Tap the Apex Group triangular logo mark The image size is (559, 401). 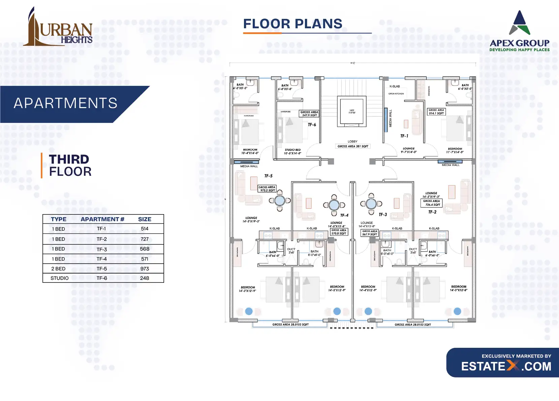[520, 24]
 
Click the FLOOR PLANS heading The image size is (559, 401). [293, 24]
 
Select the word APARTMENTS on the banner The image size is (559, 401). [66, 103]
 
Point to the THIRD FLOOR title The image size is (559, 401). [70, 165]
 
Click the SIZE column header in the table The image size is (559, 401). [145, 219]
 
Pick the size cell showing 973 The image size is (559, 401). [145, 269]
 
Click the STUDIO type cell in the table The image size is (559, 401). [60, 278]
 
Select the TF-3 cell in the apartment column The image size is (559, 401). [102, 249]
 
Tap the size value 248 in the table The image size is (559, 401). [145, 278]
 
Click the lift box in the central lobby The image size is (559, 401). [352, 111]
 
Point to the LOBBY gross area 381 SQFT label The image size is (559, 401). [353, 146]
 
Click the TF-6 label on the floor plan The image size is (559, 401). [312, 125]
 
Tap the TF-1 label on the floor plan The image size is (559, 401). [404, 136]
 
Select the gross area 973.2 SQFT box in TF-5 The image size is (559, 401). [267, 189]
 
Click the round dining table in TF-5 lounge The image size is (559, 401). [280, 201]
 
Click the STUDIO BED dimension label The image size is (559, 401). [292, 152]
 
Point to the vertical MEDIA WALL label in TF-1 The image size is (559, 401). [391, 119]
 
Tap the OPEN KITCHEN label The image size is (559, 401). [396, 94]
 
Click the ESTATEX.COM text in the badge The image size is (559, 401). [506, 366]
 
